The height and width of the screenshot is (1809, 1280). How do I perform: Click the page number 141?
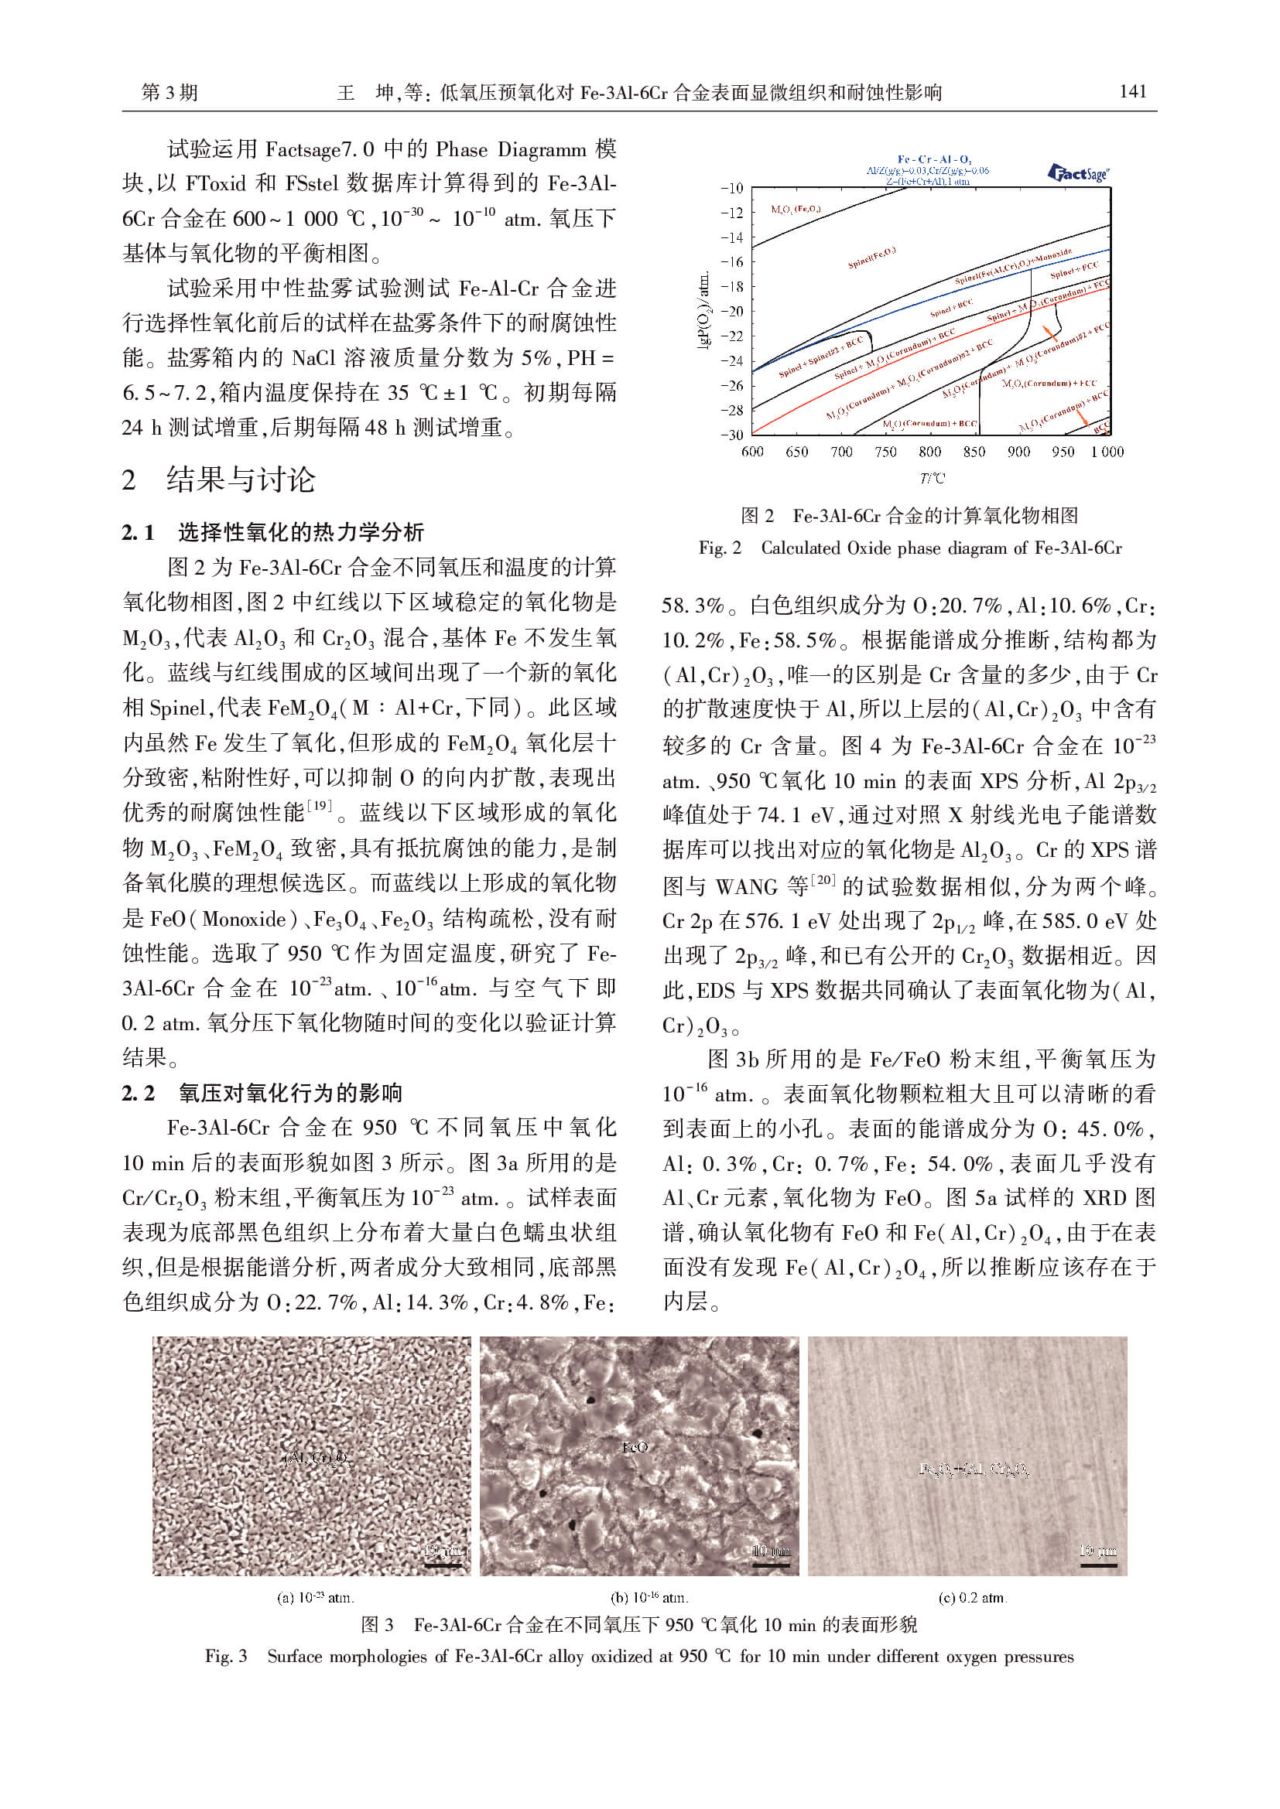click(x=1133, y=92)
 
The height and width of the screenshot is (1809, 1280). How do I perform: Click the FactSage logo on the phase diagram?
click(x=1078, y=172)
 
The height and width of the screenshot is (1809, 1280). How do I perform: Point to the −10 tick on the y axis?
click(x=731, y=188)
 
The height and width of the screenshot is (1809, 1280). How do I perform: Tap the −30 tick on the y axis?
click(x=731, y=434)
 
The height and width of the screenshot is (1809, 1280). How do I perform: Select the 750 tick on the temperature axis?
click(x=885, y=452)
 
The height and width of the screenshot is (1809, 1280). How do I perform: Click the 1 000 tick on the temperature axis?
click(x=1107, y=452)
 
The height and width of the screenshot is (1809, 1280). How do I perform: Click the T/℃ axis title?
click(x=931, y=477)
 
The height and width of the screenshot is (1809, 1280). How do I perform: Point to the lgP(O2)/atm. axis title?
click(x=706, y=310)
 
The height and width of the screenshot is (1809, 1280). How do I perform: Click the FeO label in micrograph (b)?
click(x=635, y=1447)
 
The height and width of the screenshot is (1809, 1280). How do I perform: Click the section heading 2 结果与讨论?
click(x=218, y=479)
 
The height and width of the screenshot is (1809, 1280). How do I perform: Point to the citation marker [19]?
click(x=319, y=805)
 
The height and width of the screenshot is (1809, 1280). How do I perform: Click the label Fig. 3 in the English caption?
click(x=225, y=1656)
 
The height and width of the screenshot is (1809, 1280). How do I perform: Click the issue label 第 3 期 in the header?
click(x=169, y=93)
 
